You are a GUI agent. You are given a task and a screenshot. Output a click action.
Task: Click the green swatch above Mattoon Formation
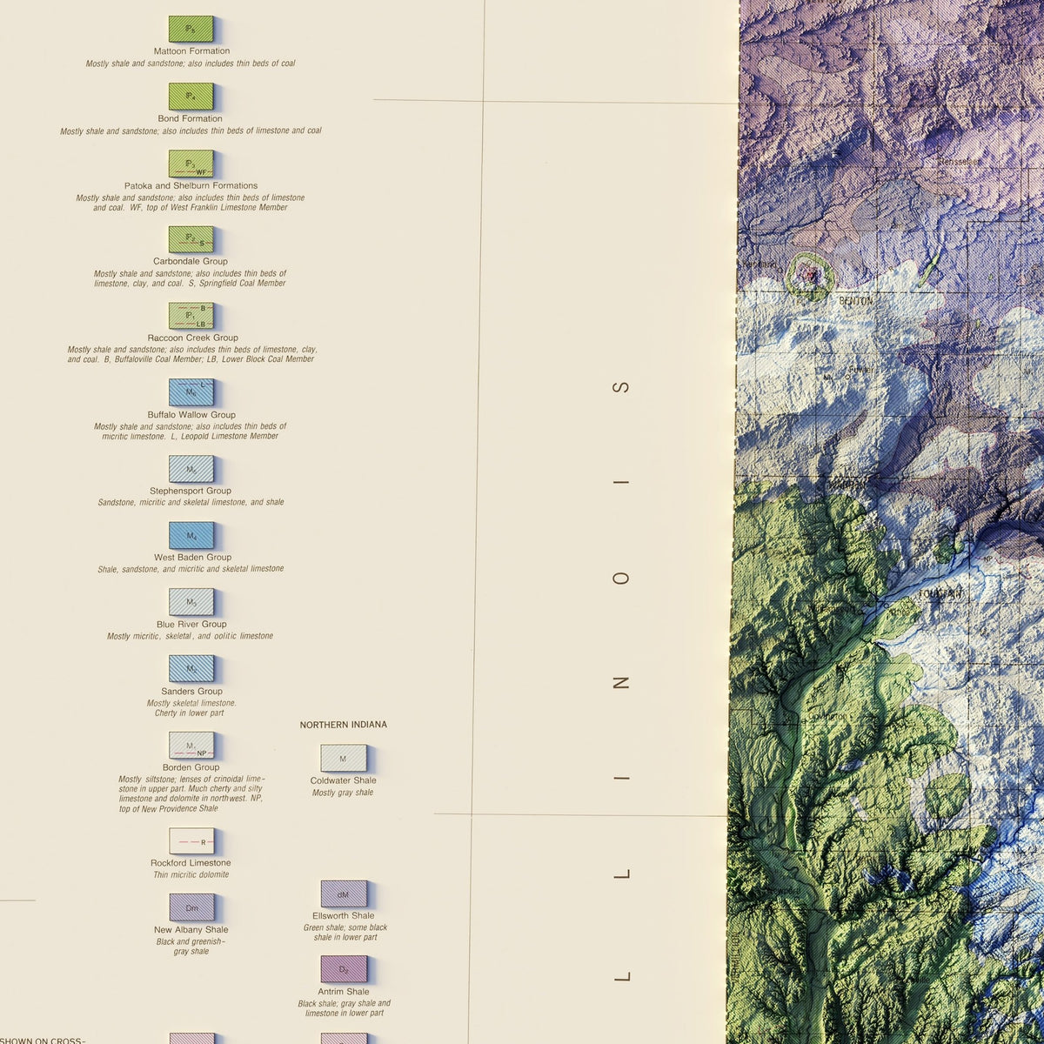(x=191, y=29)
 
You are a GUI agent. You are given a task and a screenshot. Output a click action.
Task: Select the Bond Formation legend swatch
(x=191, y=96)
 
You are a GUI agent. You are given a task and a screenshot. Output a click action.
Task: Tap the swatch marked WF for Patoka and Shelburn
(x=191, y=164)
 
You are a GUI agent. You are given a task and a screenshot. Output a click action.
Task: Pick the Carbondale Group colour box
(x=191, y=239)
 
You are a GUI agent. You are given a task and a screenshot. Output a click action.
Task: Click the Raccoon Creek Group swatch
(x=191, y=315)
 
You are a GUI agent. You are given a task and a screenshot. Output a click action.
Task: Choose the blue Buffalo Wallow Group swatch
(x=191, y=391)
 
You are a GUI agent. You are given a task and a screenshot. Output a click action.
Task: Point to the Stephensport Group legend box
(x=191, y=469)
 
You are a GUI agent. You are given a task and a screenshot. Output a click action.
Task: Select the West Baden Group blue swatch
(x=191, y=535)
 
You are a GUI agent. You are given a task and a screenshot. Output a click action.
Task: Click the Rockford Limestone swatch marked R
(x=191, y=841)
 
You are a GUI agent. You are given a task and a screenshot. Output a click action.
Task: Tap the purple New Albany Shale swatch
(x=191, y=907)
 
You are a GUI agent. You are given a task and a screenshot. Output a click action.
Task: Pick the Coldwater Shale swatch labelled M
(x=343, y=758)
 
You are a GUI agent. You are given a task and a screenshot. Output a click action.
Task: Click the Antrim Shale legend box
(x=344, y=969)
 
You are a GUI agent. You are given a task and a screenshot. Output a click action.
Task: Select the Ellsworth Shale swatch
(x=344, y=893)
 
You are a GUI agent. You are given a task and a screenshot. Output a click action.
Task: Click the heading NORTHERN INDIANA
(x=343, y=725)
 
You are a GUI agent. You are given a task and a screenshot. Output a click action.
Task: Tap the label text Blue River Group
(x=191, y=624)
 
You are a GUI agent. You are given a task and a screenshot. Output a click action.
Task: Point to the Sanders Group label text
(x=191, y=692)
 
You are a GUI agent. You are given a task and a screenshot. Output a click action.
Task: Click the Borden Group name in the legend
(x=191, y=767)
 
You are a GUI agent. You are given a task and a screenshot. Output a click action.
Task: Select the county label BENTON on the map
(x=854, y=301)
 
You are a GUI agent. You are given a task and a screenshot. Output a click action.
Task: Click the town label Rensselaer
(x=958, y=162)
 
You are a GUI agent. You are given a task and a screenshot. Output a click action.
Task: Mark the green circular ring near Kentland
(x=810, y=276)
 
